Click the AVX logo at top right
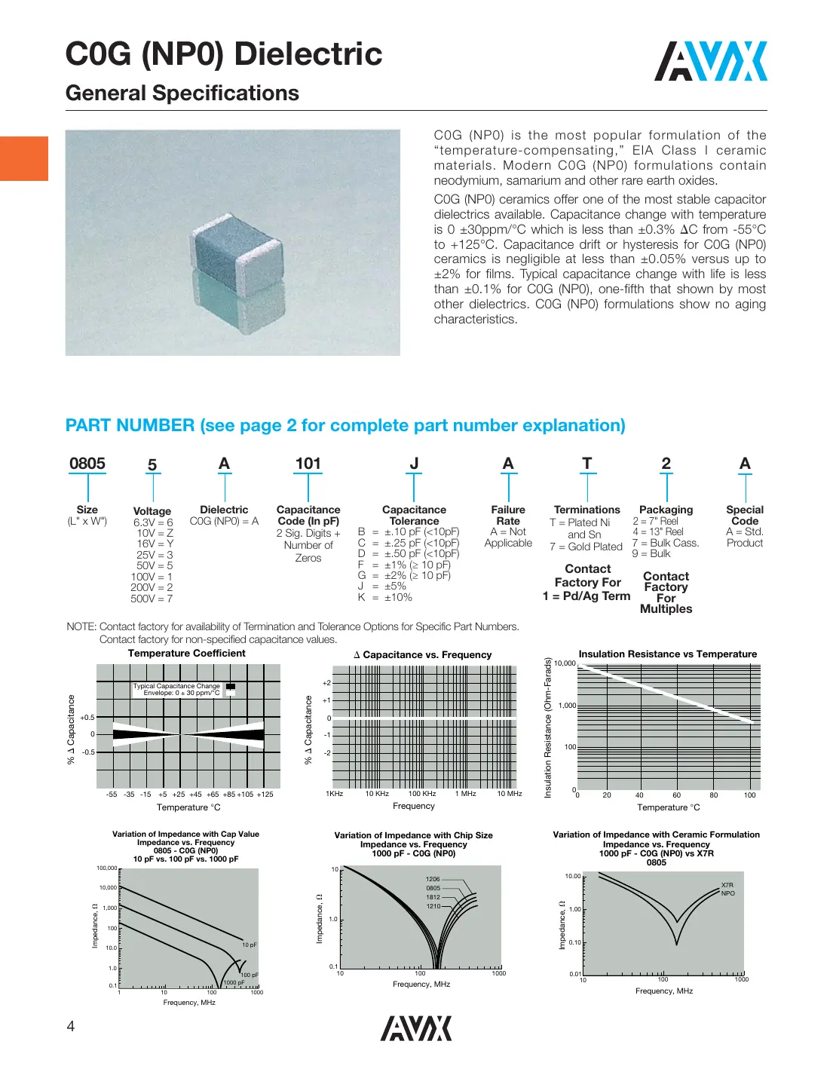(710, 61)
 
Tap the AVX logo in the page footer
(416, 1028)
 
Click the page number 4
(71, 1025)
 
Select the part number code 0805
(87, 464)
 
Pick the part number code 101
(308, 464)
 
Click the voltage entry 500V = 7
(152, 599)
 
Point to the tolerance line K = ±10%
(385, 597)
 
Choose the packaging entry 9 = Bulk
(651, 553)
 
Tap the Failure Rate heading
(508, 515)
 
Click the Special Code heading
(745, 515)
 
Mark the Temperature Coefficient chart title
(186, 654)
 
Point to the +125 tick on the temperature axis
(265, 795)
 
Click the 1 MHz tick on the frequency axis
(465, 794)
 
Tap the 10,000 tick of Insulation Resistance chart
(565, 663)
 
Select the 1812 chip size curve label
(433, 897)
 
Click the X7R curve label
(727, 885)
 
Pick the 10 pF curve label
(249, 945)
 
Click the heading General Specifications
(182, 93)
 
